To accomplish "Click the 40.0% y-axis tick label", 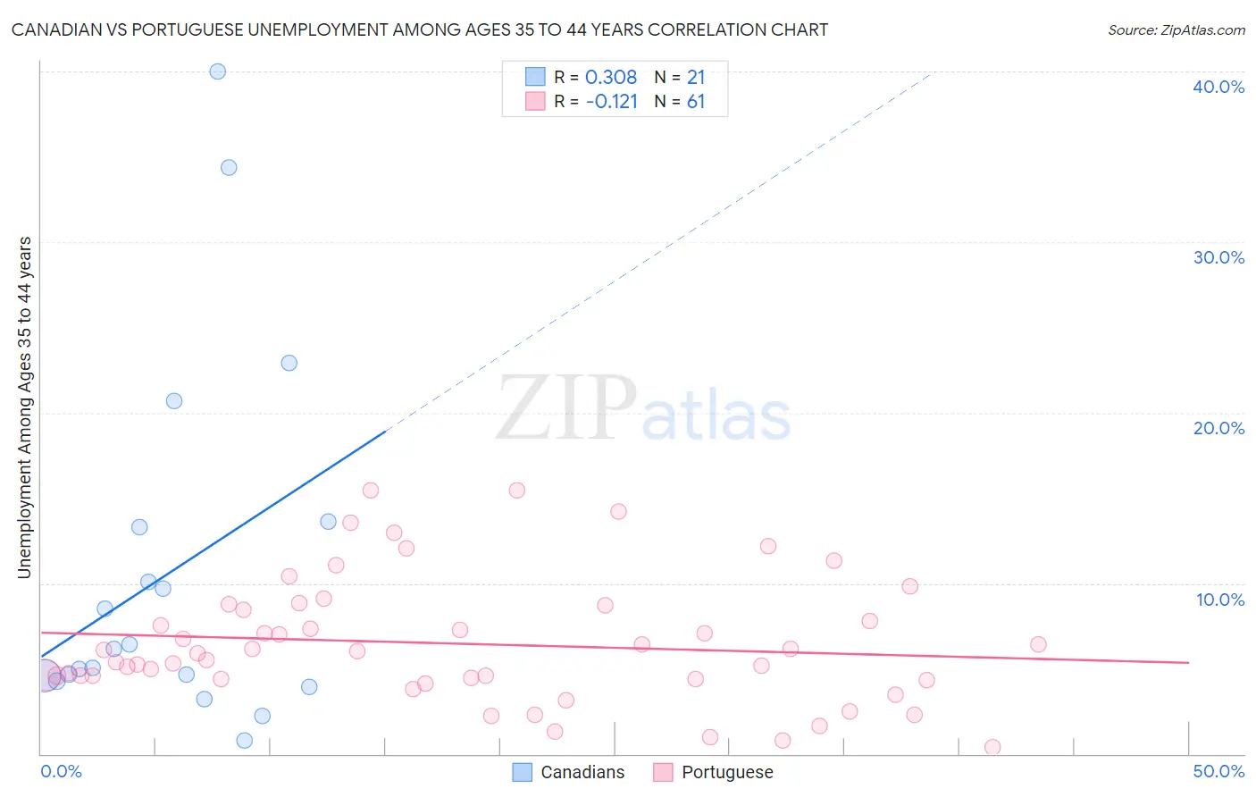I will [1218, 87].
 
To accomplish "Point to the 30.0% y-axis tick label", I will [1218, 257].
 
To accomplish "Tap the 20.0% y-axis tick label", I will [1218, 428].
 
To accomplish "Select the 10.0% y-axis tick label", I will [1220, 600].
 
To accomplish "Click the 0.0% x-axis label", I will [61, 771].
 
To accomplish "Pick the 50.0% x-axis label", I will [1218, 771].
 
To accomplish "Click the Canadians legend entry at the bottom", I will [582, 772].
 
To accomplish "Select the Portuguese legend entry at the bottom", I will [726, 772].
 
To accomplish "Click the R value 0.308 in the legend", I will [611, 78].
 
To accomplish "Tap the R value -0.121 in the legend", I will [612, 102].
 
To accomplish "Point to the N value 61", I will [696, 102].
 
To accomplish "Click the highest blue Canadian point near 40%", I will [217, 71].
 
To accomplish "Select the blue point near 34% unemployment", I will [229, 167].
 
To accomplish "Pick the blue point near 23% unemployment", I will [289, 363].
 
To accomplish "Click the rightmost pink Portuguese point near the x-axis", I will [992, 747].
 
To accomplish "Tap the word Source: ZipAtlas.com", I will [1176, 30].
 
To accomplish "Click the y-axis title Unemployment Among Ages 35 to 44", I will [25, 407].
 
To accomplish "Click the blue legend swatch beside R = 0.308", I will [535, 77].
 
